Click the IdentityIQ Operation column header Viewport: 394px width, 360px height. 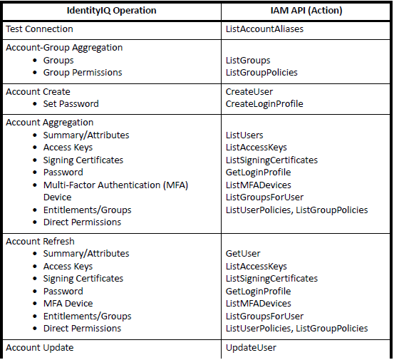111,11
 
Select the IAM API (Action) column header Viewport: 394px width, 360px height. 306,11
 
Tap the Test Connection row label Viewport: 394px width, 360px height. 39,29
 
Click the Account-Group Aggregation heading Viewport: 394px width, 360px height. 64,48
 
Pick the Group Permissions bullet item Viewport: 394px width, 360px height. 82,72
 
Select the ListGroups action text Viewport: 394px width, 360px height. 248,60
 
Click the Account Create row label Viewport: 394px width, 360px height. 38,91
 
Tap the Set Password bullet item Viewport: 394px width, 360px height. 71,103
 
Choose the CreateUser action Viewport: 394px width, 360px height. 249,91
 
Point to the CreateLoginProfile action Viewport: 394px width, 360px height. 264,103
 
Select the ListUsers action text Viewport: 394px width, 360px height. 244,135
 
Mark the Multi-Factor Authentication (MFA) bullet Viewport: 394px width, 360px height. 115,185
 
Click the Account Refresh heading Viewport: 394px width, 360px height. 40,241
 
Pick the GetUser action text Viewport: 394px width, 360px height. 243,253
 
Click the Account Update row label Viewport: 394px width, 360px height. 39,347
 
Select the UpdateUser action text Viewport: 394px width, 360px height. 251,347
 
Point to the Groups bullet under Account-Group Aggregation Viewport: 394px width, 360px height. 58,60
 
